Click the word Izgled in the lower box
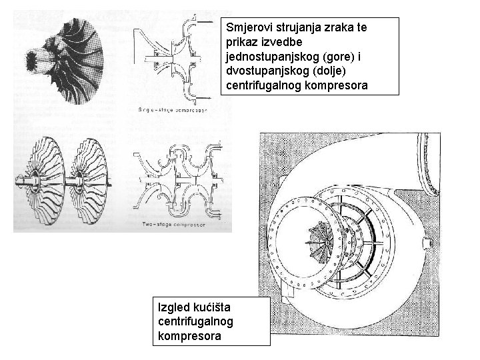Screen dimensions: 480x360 coord(172,309)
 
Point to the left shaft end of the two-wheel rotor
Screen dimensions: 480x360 coord(16,178)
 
